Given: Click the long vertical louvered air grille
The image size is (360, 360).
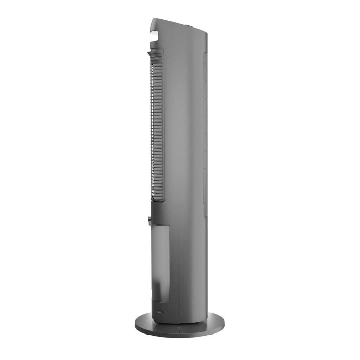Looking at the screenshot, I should [157, 127].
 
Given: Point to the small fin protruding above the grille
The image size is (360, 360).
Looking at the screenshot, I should [150, 53].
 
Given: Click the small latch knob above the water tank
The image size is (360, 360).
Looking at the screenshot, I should [150, 221].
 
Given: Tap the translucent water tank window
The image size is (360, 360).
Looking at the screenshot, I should [161, 260].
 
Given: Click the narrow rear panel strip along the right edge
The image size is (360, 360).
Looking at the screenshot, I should [205, 134].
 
